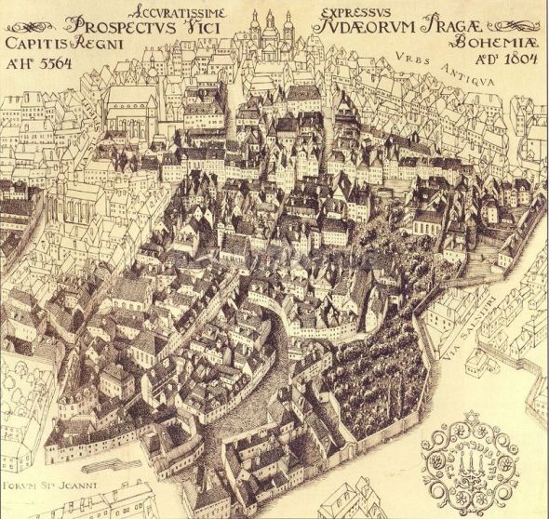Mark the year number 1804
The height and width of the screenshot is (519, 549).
click(x=516, y=61)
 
